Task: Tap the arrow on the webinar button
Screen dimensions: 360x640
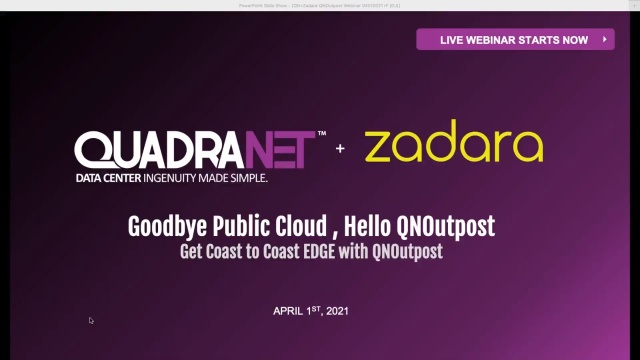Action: click(x=604, y=40)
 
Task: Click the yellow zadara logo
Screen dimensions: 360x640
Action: click(x=454, y=145)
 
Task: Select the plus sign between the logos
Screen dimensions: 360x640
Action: click(x=340, y=148)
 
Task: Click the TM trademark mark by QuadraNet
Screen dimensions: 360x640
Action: click(x=321, y=133)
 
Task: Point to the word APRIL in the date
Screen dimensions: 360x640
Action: click(x=289, y=311)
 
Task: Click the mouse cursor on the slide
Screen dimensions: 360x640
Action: click(x=91, y=321)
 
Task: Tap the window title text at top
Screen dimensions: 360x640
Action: click(x=320, y=5)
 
